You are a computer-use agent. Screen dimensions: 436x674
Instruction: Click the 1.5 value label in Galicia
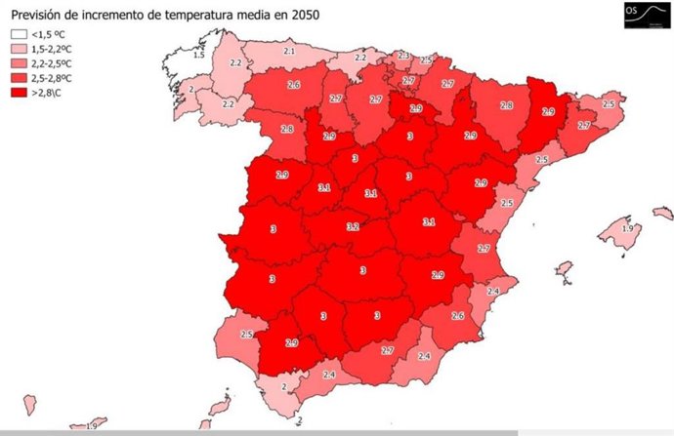click(199, 56)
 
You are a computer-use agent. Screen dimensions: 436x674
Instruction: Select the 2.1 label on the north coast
click(288, 50)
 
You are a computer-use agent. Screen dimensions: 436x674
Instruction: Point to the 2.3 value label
click(403, 56)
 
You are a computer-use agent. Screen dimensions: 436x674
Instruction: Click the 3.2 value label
click(353, 226)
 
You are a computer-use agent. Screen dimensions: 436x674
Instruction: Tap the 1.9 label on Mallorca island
click(627, 228)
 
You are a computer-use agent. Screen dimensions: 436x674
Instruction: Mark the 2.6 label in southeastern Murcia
click(457, 315)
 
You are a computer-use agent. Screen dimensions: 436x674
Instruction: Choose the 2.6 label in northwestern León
click(293, 86)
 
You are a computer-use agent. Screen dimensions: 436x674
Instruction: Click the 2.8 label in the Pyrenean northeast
click(506, 105)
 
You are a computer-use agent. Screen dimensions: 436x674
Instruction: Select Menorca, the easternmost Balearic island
click(662, 213)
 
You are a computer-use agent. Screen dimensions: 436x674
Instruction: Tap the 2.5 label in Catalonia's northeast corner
click(609, 103)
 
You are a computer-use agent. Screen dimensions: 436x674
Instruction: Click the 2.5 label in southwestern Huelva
click(247, 335)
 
